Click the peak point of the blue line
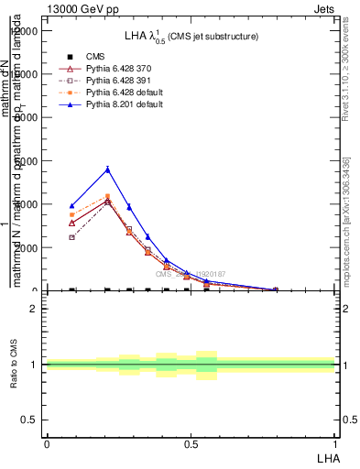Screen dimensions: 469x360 (x=107, y=169)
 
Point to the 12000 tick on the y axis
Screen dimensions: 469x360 (x=26, y=30)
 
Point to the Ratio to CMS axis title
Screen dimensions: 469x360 (x=14, y=365)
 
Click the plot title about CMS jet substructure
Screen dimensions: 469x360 (x=191, y=36)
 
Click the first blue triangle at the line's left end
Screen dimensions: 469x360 (x=72, y=205)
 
